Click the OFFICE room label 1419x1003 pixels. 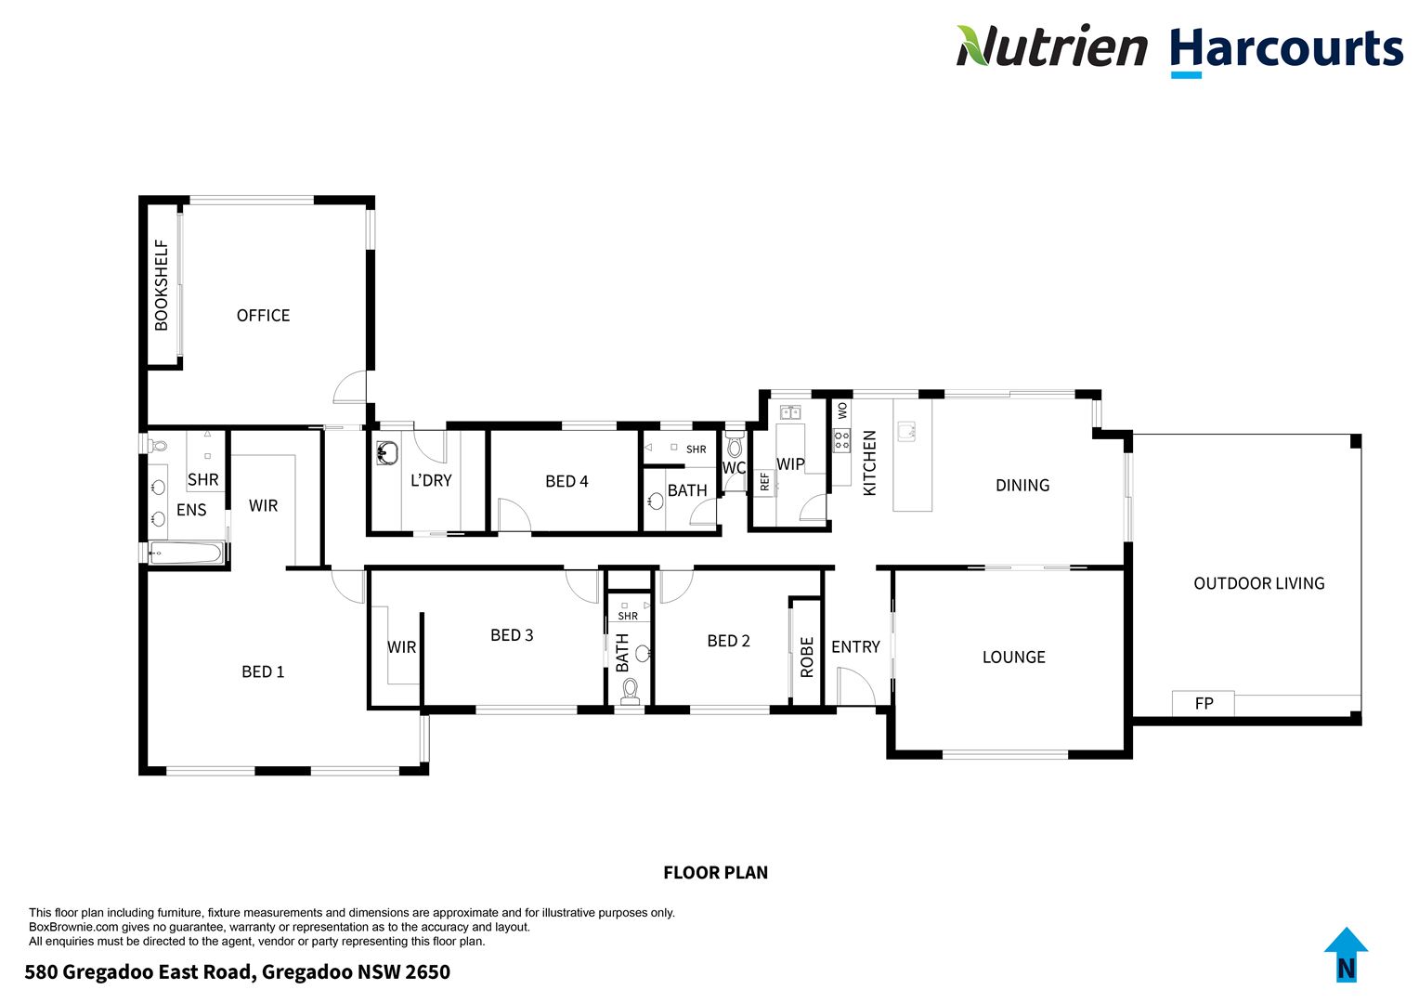coord(263,316)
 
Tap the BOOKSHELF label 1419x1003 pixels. coord(162,285)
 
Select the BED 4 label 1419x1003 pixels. coord(566,481)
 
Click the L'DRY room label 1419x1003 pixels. coord(431,480)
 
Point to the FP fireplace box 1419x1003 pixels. coord(1204,703)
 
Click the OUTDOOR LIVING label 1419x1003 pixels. coord(1258,583)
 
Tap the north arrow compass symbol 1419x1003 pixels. coord(1346,954)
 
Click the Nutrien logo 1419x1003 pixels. coord(1051,46)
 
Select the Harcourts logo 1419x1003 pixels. coord(1285,48)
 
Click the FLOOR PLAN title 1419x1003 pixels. coord(715,872)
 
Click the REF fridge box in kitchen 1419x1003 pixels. coord(764,482)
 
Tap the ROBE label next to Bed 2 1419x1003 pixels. coord(807,656)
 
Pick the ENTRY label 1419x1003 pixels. coord(855,646)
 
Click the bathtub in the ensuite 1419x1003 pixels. coord(187,554)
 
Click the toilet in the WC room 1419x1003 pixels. coord(735,448)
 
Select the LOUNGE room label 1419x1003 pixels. coord(1013,657)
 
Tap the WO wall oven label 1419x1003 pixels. coord(842,410)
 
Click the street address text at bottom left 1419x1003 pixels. coord(237,972)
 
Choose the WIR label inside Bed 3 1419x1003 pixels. coord(401,646)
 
